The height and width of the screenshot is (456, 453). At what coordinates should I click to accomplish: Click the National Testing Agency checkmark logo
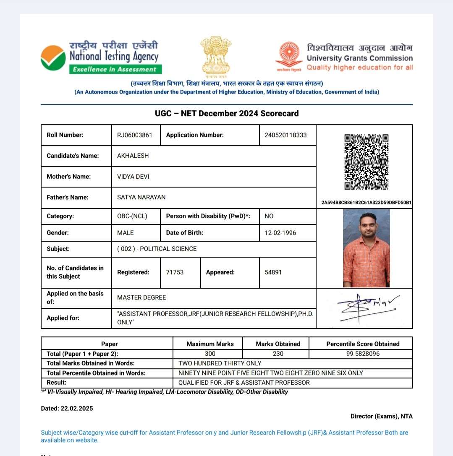pyautogui.click(x=53, y=58)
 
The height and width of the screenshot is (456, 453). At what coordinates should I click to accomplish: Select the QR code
pyautogui.click(x=366, y=162)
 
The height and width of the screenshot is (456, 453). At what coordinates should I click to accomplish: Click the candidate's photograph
pyautogui.click(x=366, y=248)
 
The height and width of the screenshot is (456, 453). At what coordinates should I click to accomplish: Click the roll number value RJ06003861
pyautogui.click(x=134, y=135)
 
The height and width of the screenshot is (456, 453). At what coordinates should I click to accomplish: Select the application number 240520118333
pyautogui.click(x=285, y=135)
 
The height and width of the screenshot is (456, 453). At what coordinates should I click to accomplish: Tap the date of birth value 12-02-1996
pyautogui.click(x=280, y=233)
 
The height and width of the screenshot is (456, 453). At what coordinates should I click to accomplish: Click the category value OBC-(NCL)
pyautogui.click(x=132, y=216)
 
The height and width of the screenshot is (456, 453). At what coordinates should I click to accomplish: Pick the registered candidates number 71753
pyautogui.click(x=175, y=272)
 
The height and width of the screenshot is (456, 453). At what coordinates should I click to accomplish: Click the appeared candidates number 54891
pyautogui.click(x=273, y=272)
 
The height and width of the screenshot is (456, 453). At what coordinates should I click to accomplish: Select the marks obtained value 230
pyautogui.click(x=278, y=354)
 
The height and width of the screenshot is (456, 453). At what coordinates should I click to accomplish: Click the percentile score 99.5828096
pyautogui.click(x=363, y=354)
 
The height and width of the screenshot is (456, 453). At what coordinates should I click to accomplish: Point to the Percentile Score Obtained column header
pyautogui.click(x=363, y=344)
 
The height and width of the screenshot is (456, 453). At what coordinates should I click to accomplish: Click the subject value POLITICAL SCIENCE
pyautogui.click(x=168, y=249)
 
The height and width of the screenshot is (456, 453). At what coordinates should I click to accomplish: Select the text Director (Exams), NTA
pyautogui.click(x=381, y=416)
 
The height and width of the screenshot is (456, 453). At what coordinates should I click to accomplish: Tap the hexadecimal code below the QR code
pyautogui.click(x=366, y=203)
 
